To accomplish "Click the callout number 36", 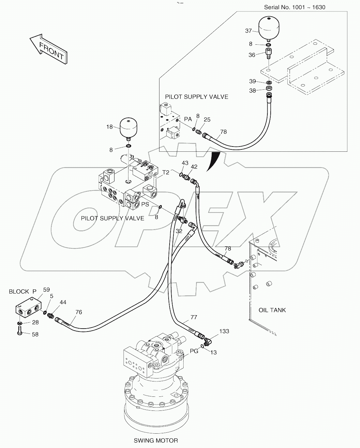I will click(252, 55).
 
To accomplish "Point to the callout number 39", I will click(252, 81).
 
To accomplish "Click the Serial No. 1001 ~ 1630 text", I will click(294, 7).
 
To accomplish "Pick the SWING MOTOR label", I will click(156, 440).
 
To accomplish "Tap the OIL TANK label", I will click(272, 310).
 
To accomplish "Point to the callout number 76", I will click(79, 312).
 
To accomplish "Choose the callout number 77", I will click(194, 317).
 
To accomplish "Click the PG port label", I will click(194, 351).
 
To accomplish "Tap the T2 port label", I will click(166, 172).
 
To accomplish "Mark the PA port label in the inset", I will click(188, 119).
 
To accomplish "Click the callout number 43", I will click(185, 163).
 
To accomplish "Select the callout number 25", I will click(207, 119).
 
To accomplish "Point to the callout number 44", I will click(63, 302).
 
